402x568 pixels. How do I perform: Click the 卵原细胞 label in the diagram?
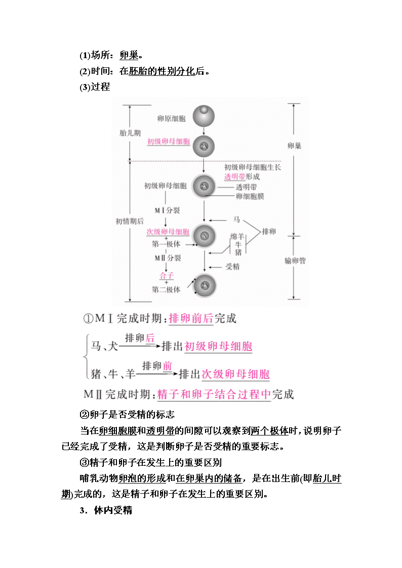(172, 118)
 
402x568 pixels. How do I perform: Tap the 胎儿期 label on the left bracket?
(130, 133)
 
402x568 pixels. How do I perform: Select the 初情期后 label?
(130, 222)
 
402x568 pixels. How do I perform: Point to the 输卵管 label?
(295, 261)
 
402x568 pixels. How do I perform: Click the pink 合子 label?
(167, 276)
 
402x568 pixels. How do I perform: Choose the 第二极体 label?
(166, 289)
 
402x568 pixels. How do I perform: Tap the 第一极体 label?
(166, 244)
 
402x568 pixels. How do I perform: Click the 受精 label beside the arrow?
(232, 267)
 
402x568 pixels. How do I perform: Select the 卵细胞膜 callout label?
(250, 196)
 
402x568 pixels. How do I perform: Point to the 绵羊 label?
(237, 237)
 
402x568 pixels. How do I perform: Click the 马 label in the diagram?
(236, 220)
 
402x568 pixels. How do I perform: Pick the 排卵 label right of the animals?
(269, 232)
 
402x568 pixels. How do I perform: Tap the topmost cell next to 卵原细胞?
(204, 116)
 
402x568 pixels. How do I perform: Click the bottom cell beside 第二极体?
(205, 285)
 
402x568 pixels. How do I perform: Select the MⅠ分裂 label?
(167, 210)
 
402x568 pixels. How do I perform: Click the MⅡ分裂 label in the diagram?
(168, 258)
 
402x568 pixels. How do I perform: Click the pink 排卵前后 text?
(191, 319)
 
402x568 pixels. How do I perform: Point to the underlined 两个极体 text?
(269, 431)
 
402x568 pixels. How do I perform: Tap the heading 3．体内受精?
(106, 510)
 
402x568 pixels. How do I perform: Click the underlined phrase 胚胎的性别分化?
(162, 71)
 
